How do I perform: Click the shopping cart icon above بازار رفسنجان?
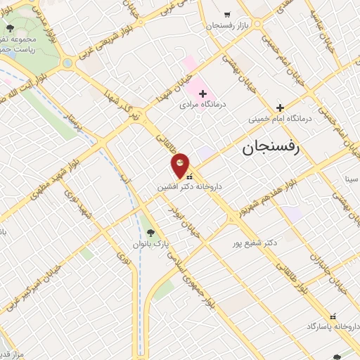click(226, 14)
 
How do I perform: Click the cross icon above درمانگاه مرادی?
click(202, 94)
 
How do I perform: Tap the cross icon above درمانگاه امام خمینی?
click(280, 108)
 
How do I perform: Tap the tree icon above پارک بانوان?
click(150, 233)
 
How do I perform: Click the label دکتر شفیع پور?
click(255, 243)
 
